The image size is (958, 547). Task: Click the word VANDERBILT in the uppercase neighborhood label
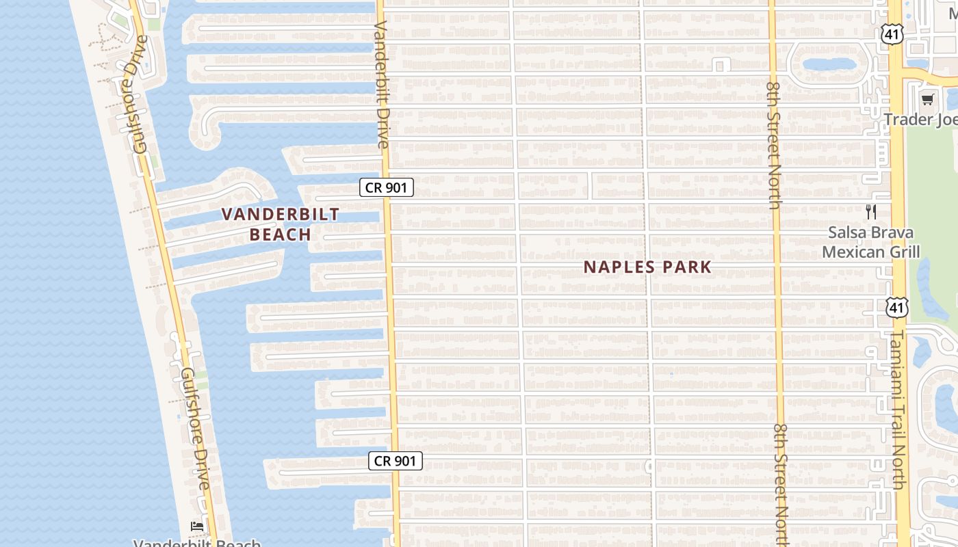(281, 214)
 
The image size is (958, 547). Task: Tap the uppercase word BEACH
(281, 235)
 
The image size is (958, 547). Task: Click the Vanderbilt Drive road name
(382, 84)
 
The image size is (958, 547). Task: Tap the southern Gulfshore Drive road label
(195, 429)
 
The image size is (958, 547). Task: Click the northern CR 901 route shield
(387, 187)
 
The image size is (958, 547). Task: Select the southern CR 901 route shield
(396, 461)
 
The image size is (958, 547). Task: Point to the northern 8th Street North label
(774, 145)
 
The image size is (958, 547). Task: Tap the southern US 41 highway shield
(896, 308)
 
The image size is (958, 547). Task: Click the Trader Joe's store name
(920, 120)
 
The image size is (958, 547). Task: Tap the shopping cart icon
(927, 100)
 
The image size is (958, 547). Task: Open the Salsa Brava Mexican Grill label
(870, 242)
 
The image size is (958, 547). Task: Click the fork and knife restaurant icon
(870, 212)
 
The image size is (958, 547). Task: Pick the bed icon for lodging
(197, 526)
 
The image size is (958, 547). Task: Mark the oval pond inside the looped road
(829, 65)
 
